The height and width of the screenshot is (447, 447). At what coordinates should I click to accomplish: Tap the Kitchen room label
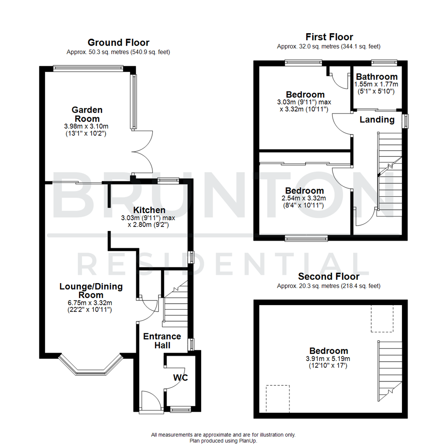click(x=149, y=210)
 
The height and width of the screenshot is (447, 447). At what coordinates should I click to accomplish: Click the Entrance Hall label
click(x=156, y=341)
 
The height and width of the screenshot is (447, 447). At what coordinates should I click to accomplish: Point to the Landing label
click(x=377, y=120)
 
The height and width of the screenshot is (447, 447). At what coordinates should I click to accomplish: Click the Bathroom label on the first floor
click(x=377, y=77)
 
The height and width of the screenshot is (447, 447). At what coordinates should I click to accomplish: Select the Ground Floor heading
click(x=118, y=42)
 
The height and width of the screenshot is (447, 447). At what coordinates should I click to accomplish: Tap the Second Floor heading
click(x=329, y=276)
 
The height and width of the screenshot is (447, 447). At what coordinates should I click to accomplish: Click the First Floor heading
click(x=329, y=37)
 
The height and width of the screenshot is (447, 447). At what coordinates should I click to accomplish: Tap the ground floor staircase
click(x=176, y=304)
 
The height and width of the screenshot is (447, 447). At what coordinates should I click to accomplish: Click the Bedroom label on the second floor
click(x=329, y=351)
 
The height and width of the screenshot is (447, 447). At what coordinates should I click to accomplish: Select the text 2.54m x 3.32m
click(x=304, y=199)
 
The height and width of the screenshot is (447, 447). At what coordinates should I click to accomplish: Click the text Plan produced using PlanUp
click(x=223, y=441)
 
